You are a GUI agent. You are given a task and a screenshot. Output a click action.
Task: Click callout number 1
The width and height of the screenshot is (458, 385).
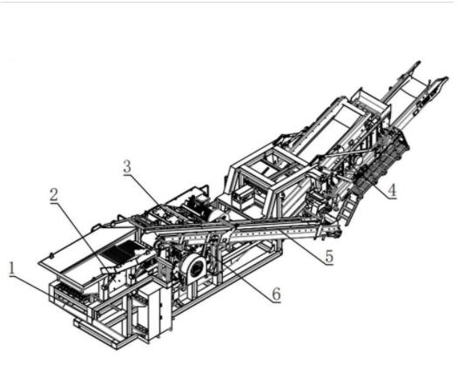point(12,268)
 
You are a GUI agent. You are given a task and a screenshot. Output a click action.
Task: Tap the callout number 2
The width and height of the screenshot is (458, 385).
point(54,194)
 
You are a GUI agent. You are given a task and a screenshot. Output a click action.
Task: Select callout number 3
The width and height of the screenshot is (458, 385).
point(127,167)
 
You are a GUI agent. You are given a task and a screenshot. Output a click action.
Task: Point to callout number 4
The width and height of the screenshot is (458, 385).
point(392,190)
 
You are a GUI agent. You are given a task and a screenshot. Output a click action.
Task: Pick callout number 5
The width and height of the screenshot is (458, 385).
point(329,256)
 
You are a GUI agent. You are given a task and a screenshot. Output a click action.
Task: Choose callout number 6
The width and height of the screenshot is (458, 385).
point(276,294)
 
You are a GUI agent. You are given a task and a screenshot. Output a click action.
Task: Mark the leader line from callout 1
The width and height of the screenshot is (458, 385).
point(40,289)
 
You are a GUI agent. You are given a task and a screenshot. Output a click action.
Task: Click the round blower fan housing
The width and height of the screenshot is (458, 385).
point(195,268)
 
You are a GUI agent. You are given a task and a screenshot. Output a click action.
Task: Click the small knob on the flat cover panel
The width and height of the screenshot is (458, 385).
point(51,256)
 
